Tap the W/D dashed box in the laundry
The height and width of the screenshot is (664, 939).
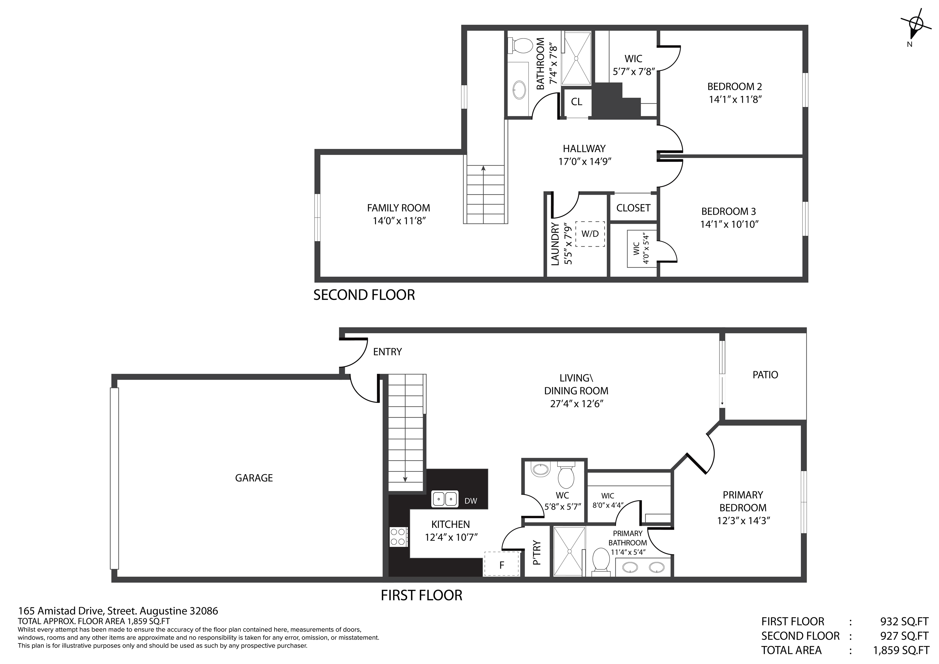pyautogui.click(x=590, y=234)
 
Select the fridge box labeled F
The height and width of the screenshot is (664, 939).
pyautogui.click(x=501, y=565)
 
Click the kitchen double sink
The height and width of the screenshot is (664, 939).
pyautogui.click(x=444, y=499)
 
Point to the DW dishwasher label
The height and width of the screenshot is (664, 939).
pyautogui.click(x=471, y=501)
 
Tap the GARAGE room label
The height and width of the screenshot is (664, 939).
pyautogui.click(x=254, y=478)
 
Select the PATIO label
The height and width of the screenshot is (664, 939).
pyautogui.click(x=765, y=375)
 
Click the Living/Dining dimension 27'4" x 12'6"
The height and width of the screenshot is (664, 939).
pyautogui.click(x=577, y=404)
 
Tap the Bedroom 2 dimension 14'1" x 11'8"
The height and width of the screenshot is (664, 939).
pyautogui.click(x=735, y=99)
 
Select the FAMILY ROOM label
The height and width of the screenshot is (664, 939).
pyautogui.click(x=398, y=208)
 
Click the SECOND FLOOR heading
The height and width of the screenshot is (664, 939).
pyautogui.click(x=364, y=295)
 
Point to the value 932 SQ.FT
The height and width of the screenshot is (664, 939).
pyautogui.click(x=904, y=622)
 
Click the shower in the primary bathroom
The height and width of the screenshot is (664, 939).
pyautogui.click(x=569, y=551)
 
